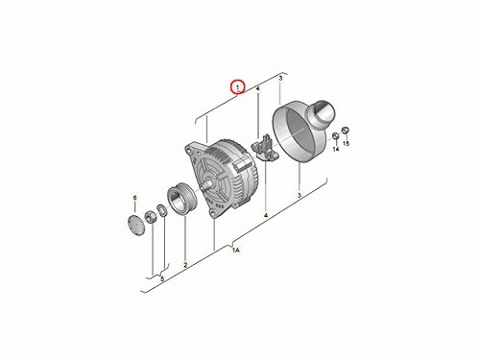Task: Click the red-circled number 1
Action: [x=238, y=87]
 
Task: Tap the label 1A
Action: [x=236, y=251]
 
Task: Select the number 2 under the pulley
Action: [x=185, y=265]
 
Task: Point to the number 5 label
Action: [x=162, y=279]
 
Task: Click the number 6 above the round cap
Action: [x=134, y=198]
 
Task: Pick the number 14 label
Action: [x=336, y=149]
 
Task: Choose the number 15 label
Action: [x=346, y=143]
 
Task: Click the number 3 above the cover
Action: [x=280, y=79]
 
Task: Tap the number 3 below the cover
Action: [x=300, y=195]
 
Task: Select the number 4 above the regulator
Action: [x=258, y=88]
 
